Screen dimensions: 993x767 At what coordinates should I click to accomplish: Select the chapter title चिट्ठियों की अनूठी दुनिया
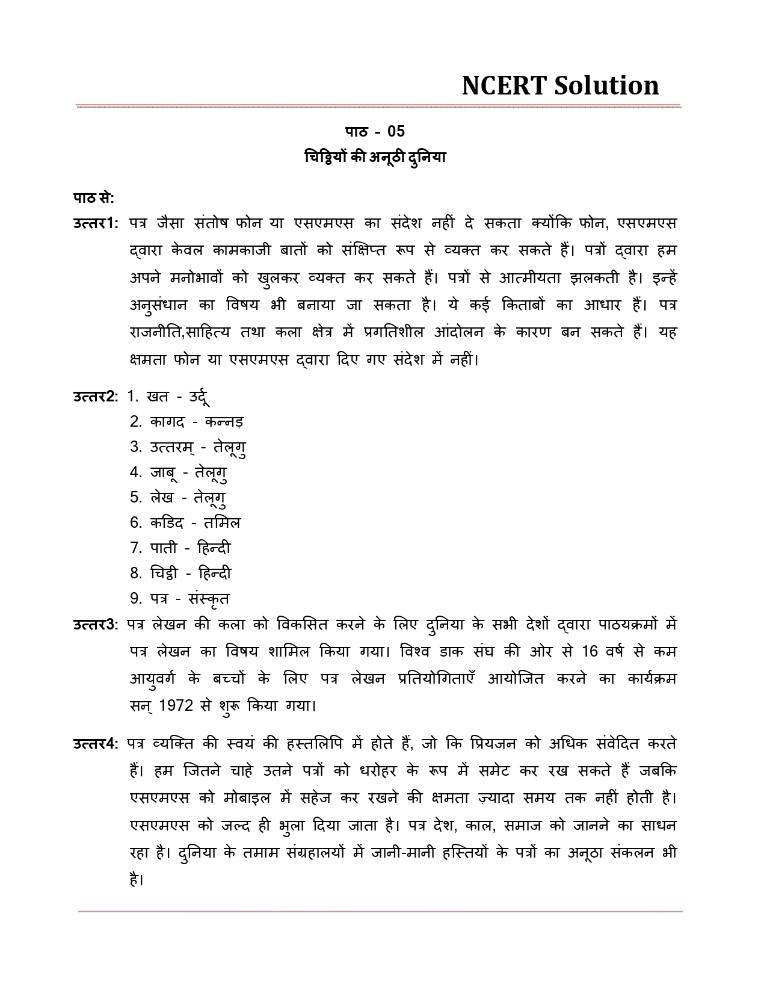click(x=375, y=158)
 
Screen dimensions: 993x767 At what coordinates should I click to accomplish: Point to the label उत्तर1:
click(x=96, y=223)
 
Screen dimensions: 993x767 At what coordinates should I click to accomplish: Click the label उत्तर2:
click(x=96, y=397)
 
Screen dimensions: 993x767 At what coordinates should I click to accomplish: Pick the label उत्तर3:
click(x=96, y=625)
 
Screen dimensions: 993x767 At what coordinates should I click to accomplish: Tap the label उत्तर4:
click(x=96, y=744)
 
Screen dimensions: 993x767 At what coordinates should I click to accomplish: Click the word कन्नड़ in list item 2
click(x=224, y=422)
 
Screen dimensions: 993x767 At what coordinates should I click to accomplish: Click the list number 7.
click(x=135, y=548)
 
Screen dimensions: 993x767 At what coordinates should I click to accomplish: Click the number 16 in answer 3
click(x=590, y=652)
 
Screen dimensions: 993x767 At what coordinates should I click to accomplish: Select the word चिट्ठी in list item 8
click(x=164, y=574)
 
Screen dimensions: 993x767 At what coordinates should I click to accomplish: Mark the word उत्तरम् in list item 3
click(x=170, y=448)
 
